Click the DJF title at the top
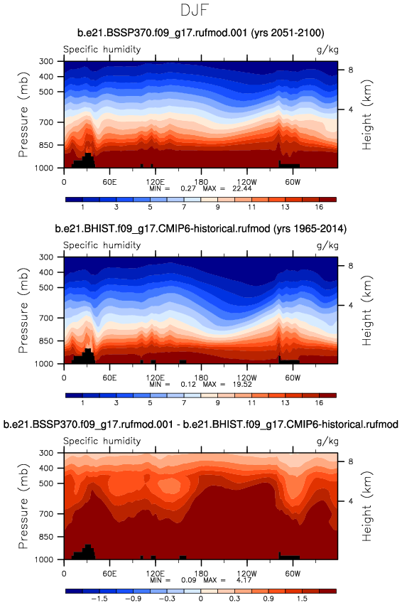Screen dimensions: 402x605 click(195, 10)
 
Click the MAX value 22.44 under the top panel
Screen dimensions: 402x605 click(242, 188)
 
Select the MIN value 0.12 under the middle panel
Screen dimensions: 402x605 click(188, 385)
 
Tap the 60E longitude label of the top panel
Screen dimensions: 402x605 click(109, 182)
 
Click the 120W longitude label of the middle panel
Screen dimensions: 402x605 click(246, 378)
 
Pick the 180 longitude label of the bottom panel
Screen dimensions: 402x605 click(201, 573)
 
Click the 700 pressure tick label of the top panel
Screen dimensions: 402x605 click(46, 122)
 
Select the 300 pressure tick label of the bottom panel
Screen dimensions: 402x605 click(46, 453)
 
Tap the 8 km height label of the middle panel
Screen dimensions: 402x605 click(350, 266)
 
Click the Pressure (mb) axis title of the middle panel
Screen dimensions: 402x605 click(23, 310)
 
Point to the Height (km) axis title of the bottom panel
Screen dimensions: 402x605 click(366, 506)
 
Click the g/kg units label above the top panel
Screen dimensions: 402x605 click(327, 50)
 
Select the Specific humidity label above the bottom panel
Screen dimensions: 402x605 click(102, 441)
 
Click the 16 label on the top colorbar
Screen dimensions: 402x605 click(319, 207)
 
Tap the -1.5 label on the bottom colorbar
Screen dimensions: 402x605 click(99, 599)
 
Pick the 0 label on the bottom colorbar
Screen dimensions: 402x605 click(201, 599)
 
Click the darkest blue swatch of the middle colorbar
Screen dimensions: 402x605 click(74, 395)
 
